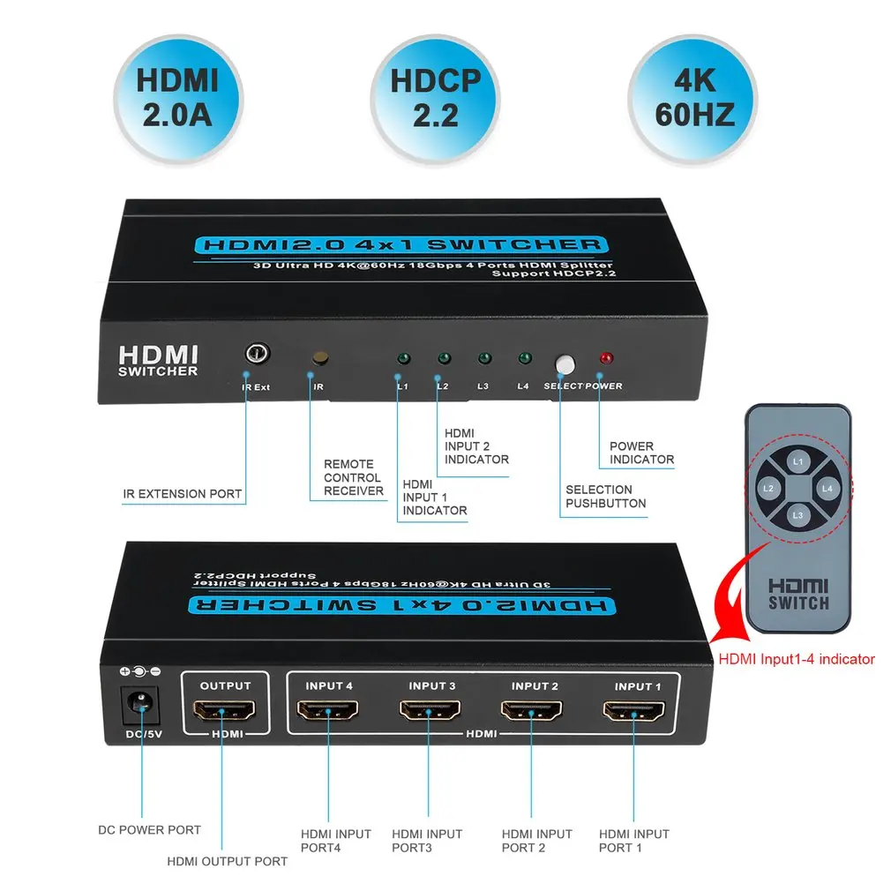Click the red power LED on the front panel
click(x=606, y=359)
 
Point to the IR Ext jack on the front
click(x=257, y=355)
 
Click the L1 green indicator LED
click(x=403, y=359)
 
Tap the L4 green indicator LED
click(x=524, y=358)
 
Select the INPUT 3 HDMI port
click(x=430, y=711)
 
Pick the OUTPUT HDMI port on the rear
click(x=225, y=711)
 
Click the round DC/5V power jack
click(x=140, y=704)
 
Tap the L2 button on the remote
click(x=769, y=488)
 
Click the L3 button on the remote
click(x=797, y=514)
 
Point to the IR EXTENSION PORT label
click(x=183, y=494)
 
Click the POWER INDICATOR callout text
click(x=641, y=453)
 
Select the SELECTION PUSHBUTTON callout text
click(x=605, y=497)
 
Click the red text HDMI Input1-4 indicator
click(x=797, y=658)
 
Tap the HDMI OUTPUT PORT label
click(x=228, y=861)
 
